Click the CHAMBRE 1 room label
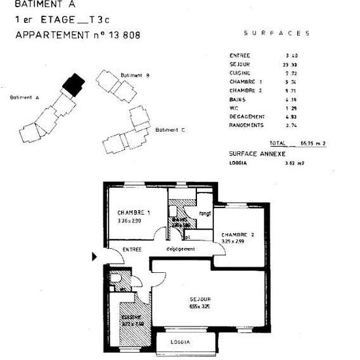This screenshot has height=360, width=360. [x=134, y=213]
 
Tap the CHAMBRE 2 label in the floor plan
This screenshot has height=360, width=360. [x=237, y=234]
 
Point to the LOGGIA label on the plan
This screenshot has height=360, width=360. [x=180, y=342]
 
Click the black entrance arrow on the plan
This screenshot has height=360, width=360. [x=95, y=256]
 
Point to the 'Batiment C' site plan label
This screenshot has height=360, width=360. [x=170, y=130]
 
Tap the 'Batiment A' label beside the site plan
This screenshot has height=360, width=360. [x=25, y=97]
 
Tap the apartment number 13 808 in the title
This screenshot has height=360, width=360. [x=122, y=35]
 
